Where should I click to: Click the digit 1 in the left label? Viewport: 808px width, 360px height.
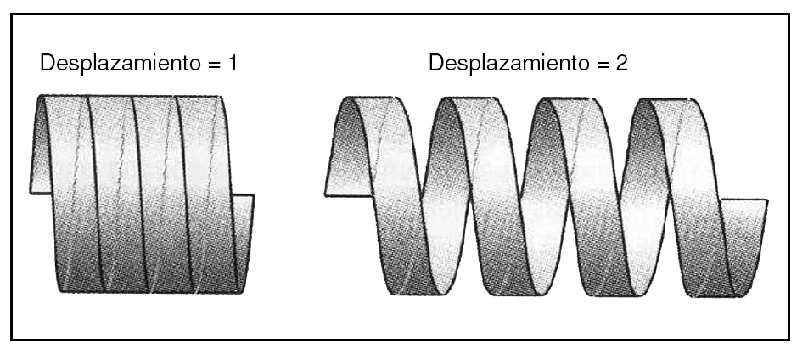[233, 64]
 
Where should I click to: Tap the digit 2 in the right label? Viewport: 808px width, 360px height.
[622, 64]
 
